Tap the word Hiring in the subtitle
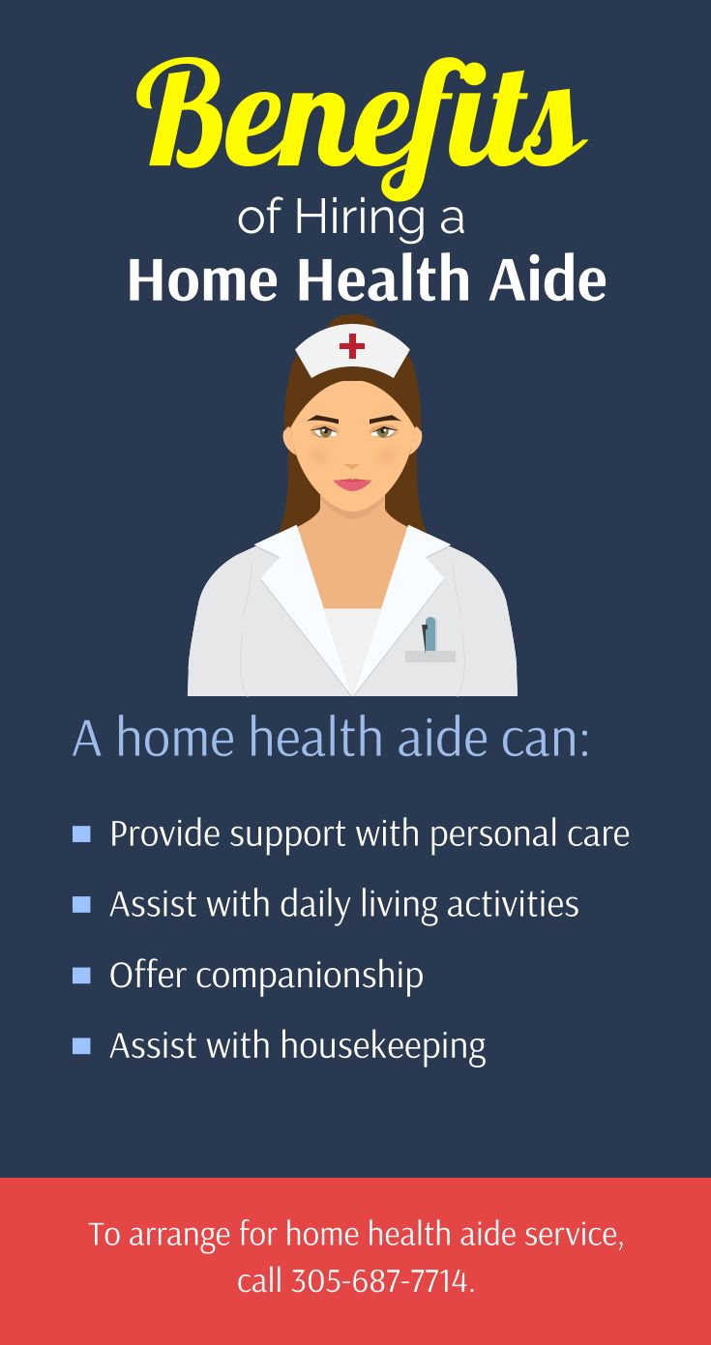pyautogui.click(x=359, y=219)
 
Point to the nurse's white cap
pyautogui.click(x=352, y=351)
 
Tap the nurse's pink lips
pyautogui.click(x=352, y=482)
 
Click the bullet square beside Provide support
pyautogui.click(x=81, y=833)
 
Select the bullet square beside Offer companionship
pyautogui.click(x=81, y=975)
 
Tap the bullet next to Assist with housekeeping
pyautogui.click(x=81, y=1045)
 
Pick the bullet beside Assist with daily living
pyautogui.click(x=81, y=904)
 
